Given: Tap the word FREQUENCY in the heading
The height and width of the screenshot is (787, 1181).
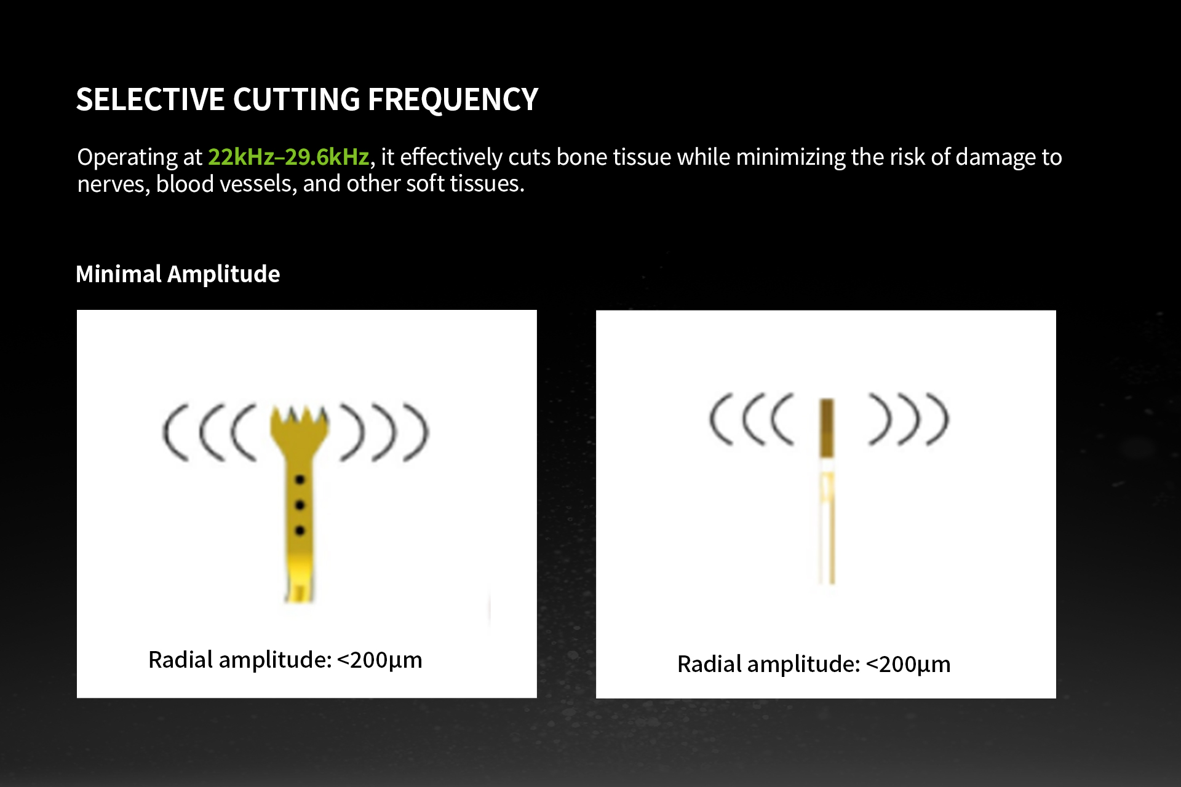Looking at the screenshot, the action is pos(453,100).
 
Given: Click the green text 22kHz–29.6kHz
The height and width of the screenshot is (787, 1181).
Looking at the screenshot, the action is pos(288,157).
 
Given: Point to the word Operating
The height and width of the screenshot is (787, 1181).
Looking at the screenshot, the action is pos(127,158).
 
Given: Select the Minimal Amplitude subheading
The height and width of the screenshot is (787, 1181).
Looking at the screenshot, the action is pos(178,274).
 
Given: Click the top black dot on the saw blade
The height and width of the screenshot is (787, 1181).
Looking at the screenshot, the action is pos(300,480).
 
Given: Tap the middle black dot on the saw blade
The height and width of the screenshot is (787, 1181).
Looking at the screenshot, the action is pos(300,505).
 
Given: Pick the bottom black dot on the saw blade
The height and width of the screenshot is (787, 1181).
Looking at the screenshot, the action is pos(300,531).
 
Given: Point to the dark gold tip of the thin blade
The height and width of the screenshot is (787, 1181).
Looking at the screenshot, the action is pos(827,429).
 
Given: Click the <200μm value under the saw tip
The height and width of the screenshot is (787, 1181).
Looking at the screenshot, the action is pos(380,660).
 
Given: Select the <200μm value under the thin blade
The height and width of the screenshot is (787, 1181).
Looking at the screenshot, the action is pos(908,664).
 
